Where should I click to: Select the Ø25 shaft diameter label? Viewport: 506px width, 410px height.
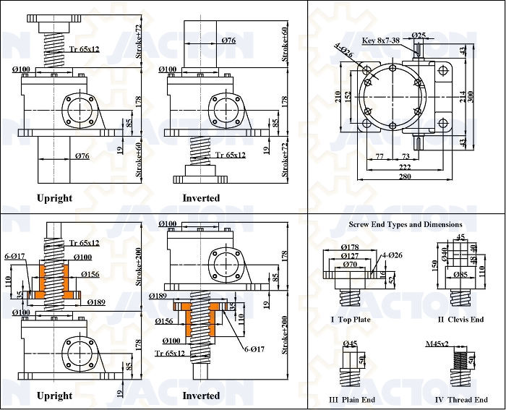coord(419,35)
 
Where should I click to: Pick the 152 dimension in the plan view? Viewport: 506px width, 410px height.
coord(348,95)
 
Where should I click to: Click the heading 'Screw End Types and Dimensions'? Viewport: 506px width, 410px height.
coord(406,224)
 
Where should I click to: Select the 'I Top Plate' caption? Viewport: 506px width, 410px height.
coord(351,319)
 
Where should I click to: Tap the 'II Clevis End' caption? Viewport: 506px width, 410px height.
coord(460,319)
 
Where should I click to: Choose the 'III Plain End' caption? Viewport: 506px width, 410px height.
coord(353,400)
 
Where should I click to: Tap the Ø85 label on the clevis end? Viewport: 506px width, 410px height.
coord(460,274)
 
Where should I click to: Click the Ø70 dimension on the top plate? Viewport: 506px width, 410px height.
coord(351,264)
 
